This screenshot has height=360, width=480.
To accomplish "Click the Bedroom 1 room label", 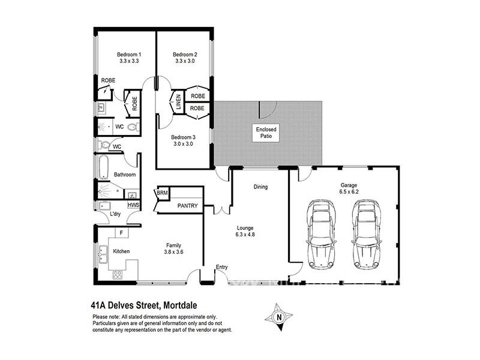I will coord(129,55).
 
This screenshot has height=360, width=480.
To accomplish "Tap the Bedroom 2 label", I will coord(185,55).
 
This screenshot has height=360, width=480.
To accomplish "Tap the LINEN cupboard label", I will coord(178,101).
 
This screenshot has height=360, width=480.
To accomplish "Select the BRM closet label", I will coord(161,193).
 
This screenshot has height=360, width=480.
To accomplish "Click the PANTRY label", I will coord(187,206).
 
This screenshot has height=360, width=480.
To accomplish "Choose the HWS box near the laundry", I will coord(133,205).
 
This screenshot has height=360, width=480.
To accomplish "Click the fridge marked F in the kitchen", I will coord(121,232).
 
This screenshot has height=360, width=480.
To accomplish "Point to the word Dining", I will coord(260,187).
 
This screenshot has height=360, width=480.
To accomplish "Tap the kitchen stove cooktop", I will coord(117,275).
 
